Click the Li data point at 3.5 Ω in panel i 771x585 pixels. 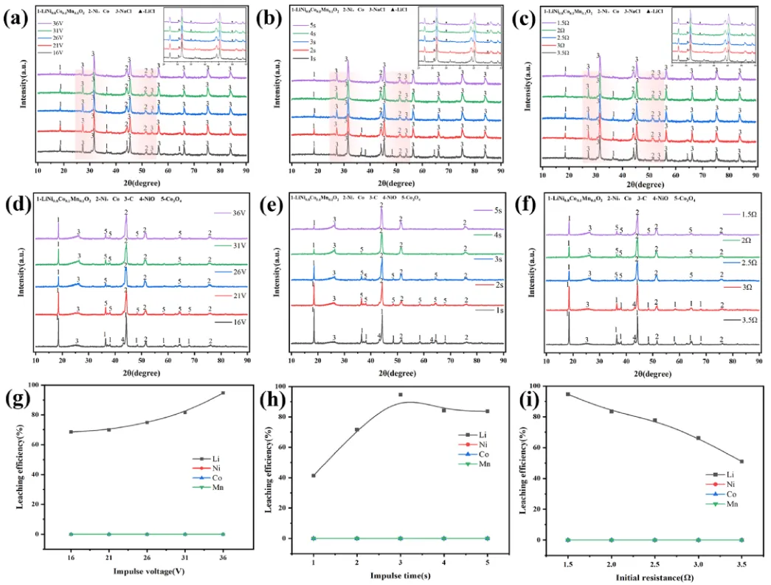pyautogui.click(x=741, y=462)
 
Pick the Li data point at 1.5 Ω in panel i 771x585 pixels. pyautogui.click(x=568, y=394)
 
